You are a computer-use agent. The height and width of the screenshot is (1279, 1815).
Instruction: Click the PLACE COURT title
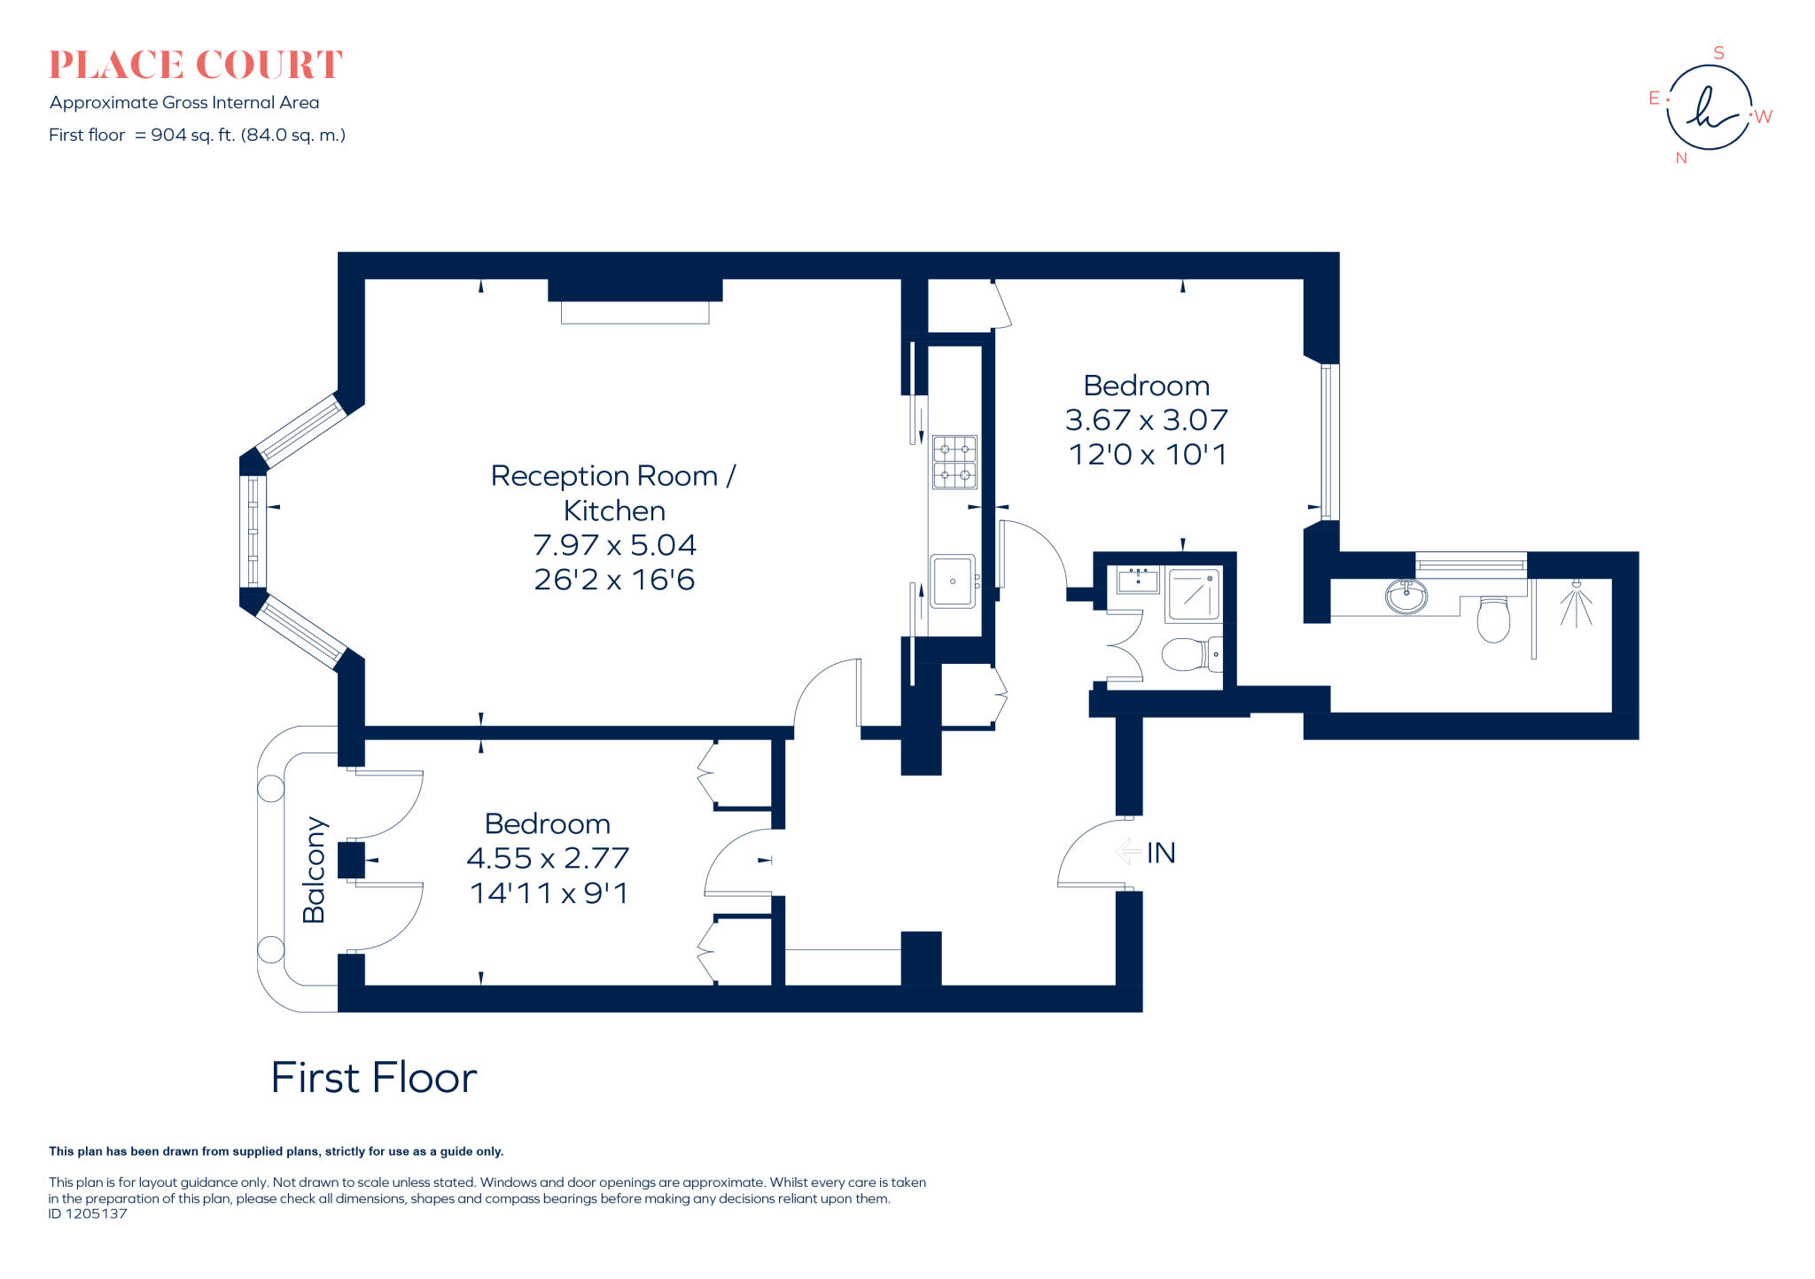pos(195,65)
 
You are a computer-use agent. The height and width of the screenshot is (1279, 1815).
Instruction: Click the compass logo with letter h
pos(1709,107)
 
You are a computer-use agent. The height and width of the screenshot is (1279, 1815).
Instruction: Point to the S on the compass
pos(1718,53)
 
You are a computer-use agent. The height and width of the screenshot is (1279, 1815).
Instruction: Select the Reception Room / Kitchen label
pos(613,493)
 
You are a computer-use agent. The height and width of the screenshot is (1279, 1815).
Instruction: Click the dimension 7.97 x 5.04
pos(614,544)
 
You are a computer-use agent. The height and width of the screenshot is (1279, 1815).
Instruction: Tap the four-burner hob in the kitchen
pos(954,462)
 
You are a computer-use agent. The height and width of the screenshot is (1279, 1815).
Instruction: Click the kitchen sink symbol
pos(953,581)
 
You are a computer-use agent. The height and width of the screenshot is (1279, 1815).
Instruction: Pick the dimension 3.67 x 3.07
pos(1146,419)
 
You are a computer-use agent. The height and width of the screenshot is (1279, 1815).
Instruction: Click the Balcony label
pos(315,870)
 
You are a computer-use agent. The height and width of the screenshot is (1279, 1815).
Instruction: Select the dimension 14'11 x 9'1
pos(549,893)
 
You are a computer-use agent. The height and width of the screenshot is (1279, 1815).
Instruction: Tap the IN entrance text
pos(1161,853)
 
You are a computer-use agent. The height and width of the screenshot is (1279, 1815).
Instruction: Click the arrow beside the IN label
pos(1127,852)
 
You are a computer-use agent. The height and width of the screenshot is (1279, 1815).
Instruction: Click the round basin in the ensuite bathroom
pos(1406,596)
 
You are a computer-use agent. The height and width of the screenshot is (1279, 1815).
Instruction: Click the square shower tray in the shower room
pos(1193,595)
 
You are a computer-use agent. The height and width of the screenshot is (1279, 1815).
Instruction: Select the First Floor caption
pos(373,1078)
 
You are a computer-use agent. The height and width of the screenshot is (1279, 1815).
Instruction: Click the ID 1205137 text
pos(88,1214)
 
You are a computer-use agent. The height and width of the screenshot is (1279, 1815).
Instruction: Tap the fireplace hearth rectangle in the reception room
pos(635,312)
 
